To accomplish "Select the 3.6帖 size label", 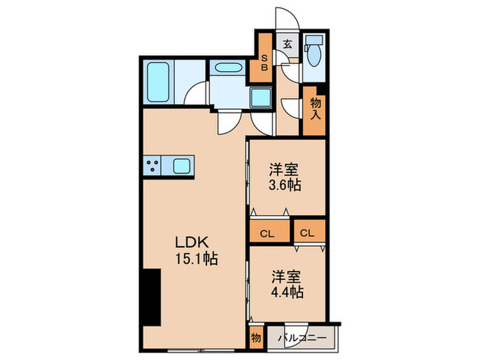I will click(x=285, y=184).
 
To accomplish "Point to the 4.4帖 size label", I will click(x=285, y=291).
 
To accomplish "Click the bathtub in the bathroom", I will click(x=160, y=82).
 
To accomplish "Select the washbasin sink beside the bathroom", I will click(x=226, y=69).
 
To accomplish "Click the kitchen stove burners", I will click(x=152, y=165).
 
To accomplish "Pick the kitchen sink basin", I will click(x=182, y=165).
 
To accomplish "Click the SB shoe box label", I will click(x=264, y=63).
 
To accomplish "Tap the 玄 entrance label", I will click(x=288, y=45).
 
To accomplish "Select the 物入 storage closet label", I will click(x=315, y=109).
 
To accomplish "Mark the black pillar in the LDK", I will click(x=152, y=298).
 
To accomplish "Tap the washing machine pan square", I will click(x=261, y=98).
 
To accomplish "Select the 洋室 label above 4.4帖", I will click(x=285, y=276).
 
